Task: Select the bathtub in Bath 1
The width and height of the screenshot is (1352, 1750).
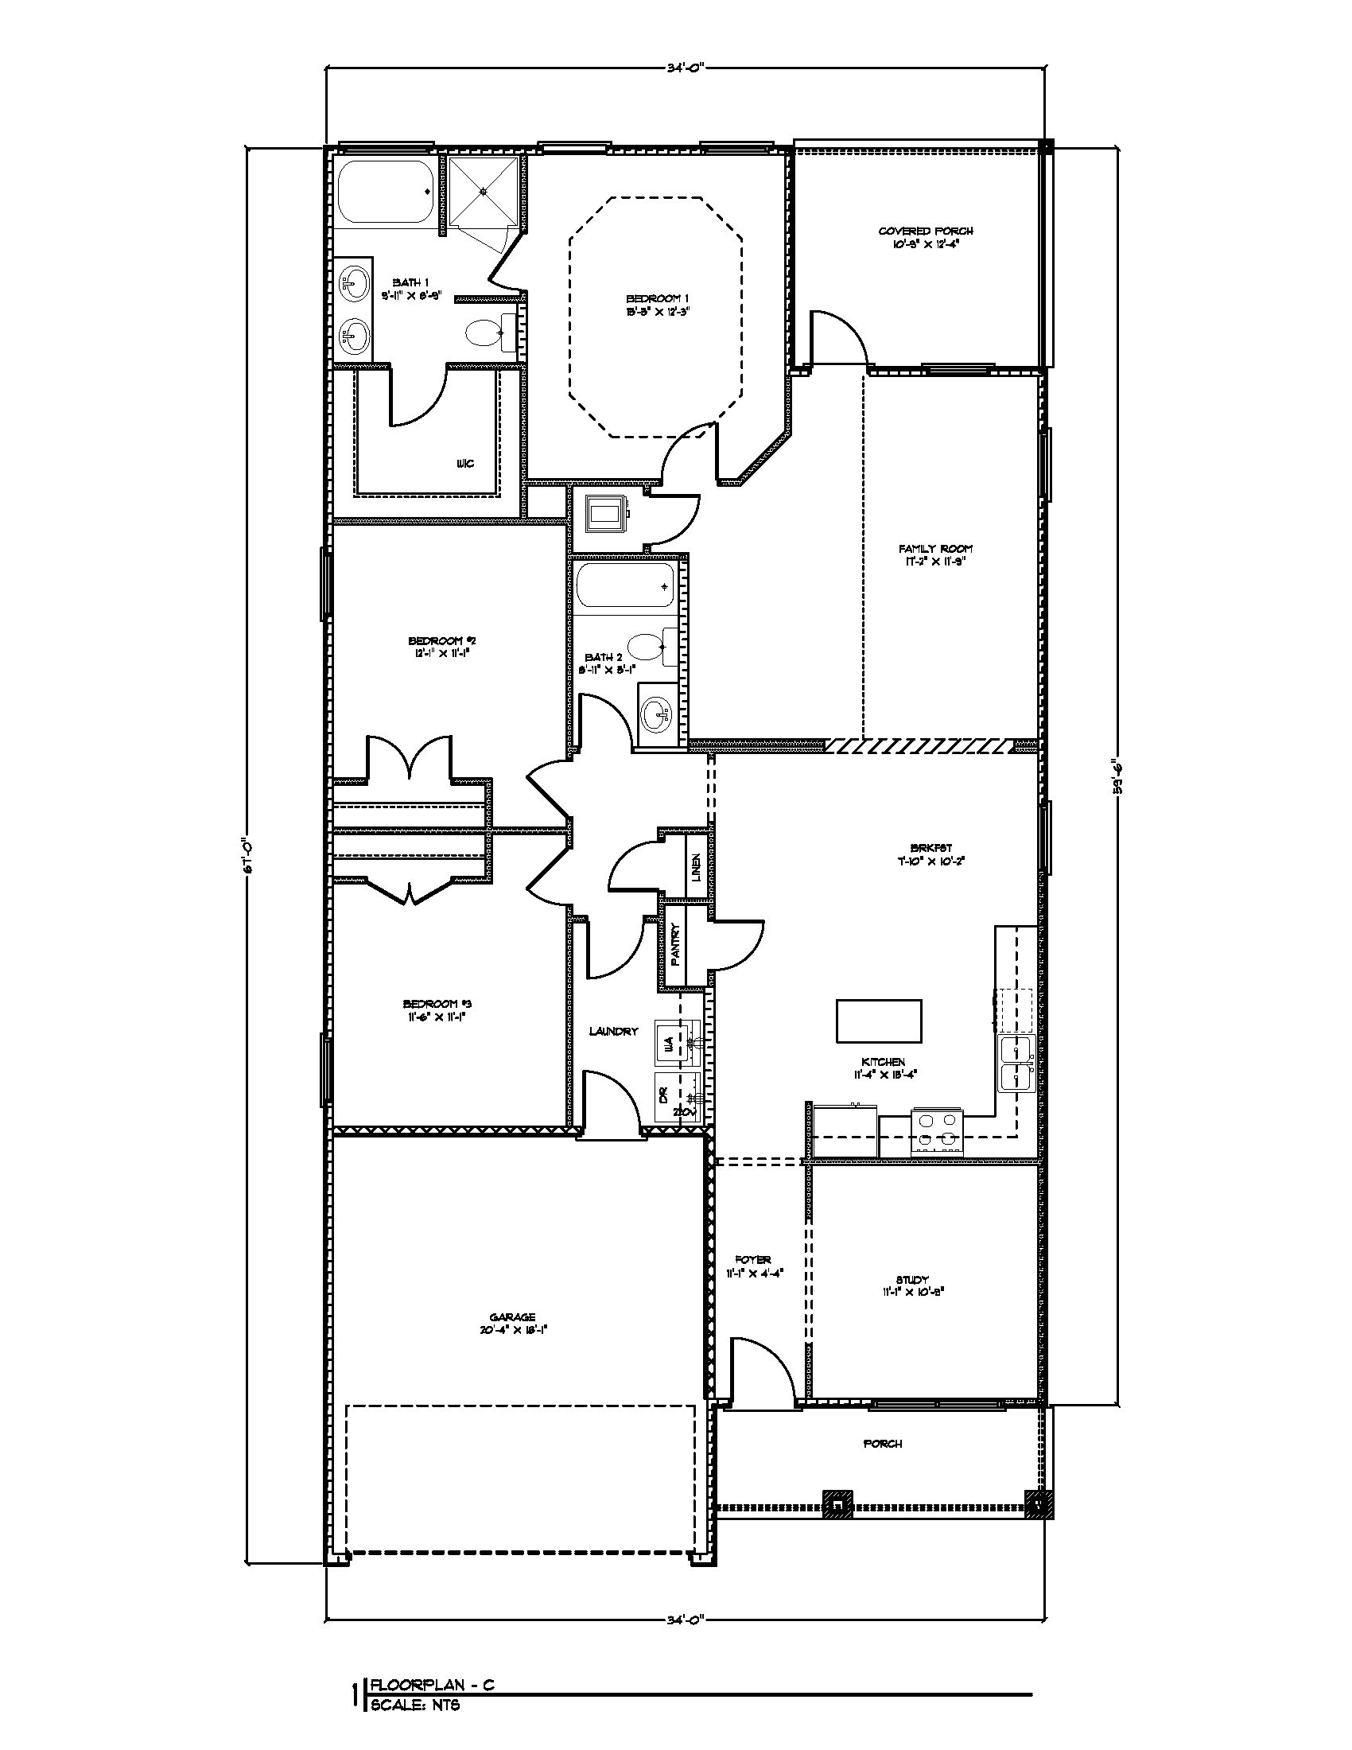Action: (383, 192)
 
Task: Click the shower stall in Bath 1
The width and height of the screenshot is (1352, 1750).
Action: (482, 192)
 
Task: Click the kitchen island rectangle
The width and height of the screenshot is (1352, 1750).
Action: (879, 1021)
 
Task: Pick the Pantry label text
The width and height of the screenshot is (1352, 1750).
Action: (675, 945)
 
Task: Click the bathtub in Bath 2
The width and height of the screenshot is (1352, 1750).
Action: (625, 587)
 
